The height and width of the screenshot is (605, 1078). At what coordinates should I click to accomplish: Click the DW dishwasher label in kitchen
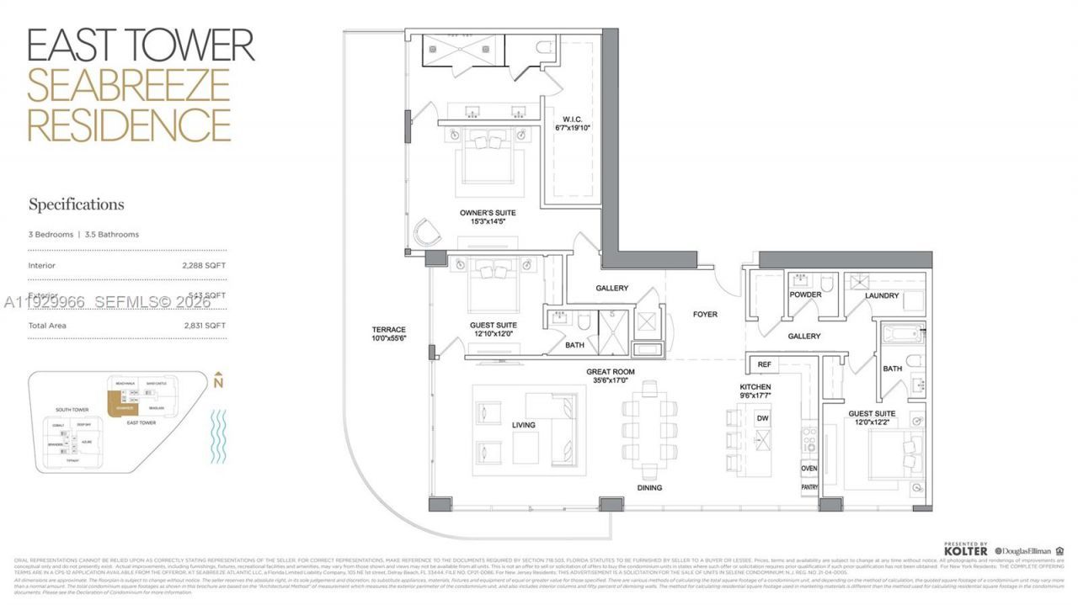[763, 418]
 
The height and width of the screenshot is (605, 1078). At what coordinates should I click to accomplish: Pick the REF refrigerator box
[766, 364]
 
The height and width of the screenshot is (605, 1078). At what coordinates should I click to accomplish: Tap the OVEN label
[808, 469]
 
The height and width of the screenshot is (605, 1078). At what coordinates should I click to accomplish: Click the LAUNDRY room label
[881, 296]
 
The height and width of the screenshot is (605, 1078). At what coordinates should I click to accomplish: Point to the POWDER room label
[804, 295]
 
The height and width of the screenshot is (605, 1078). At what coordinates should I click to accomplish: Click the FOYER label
[705, 315]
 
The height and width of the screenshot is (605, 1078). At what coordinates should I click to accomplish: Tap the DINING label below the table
[649, 488]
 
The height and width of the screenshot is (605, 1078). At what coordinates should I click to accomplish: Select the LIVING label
[523, 426]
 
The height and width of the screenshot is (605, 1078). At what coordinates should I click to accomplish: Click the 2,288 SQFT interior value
[205, 265]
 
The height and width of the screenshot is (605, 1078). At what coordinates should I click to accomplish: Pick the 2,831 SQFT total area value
[205, 325]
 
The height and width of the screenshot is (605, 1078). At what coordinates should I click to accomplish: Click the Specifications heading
[76, 204]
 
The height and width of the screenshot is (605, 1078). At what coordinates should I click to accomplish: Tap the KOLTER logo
[964, 550]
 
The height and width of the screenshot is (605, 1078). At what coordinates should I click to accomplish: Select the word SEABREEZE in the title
[129, 85]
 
